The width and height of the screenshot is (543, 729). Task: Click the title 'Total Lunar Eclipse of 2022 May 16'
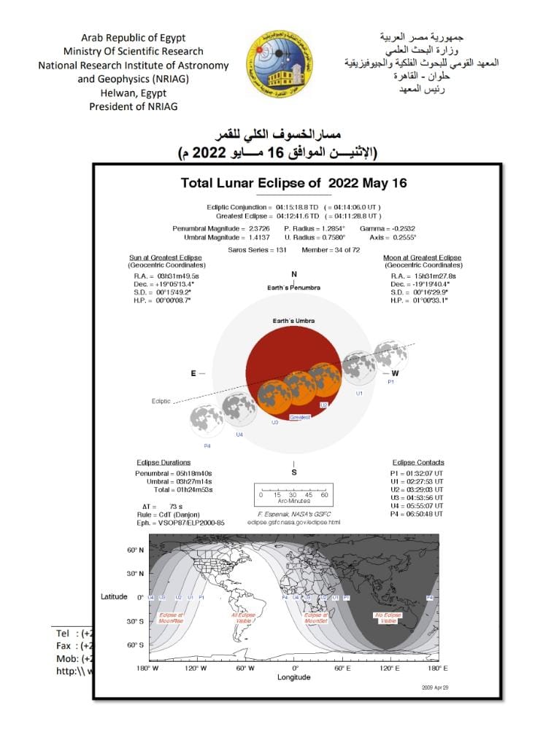pyautogui.click(x=293, y=183)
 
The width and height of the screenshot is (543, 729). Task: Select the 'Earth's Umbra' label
pyautogui.click(x=293, y=321)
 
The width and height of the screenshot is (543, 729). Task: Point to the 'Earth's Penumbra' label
pyautogui.click(x=293, y=288)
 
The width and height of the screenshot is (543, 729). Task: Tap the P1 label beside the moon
pyautogui.click(x=390, y=381)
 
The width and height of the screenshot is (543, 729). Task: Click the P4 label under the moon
pyautogui.click(x=207, y=445)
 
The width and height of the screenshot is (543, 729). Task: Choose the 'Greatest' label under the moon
pyautogui.click(x=300, y=417)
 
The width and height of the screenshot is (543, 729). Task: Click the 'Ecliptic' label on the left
pyautogui.click(x=161, y=401)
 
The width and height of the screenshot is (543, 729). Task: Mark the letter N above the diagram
pyautogui.click(x=294, y=275)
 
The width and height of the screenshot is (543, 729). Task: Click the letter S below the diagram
pyautogui.click(x=294, y=472)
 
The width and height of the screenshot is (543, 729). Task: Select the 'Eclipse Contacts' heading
pyautogui.click(x=418, y=462)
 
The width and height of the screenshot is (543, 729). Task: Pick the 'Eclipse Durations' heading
pyautogui.click(x=163, y=462)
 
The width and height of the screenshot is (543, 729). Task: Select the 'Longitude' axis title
pyautogui.click(x=293, y=677)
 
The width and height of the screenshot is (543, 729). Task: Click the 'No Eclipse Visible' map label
pyautogui.click(x=388, y=618)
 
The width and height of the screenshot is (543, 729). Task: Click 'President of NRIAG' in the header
pyautogui.click(x=133, y=106)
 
